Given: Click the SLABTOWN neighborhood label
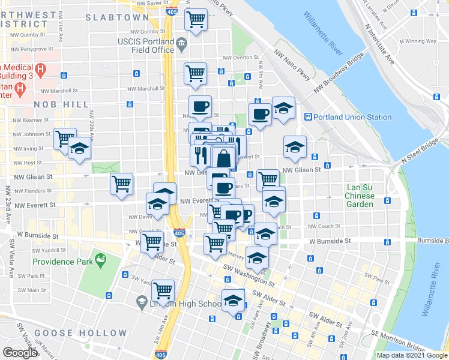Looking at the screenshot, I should (x=116, y=17).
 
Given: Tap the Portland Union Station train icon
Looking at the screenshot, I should (x=307, y=117).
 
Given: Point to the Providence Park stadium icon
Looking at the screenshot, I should (x=100, y=262).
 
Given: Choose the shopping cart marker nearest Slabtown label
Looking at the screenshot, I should (x=196, y=20).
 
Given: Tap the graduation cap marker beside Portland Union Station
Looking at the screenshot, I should (x=283, y=109).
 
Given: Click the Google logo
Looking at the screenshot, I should (x=20, y=352).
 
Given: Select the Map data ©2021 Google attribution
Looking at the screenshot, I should (x=411, y=355).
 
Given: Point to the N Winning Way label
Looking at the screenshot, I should (x=423, y=41).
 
